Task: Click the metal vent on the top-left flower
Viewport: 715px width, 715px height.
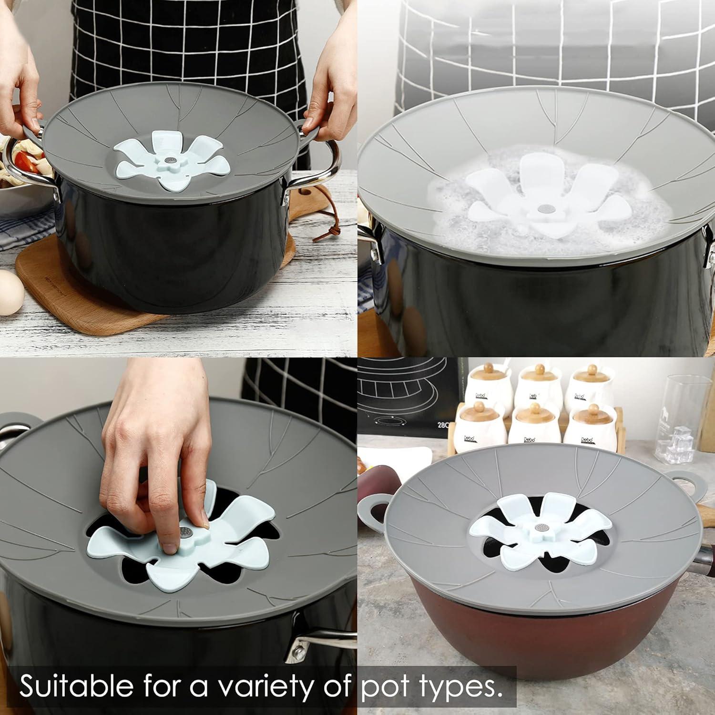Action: (170, 156)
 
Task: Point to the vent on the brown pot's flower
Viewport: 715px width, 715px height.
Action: (541, 528)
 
